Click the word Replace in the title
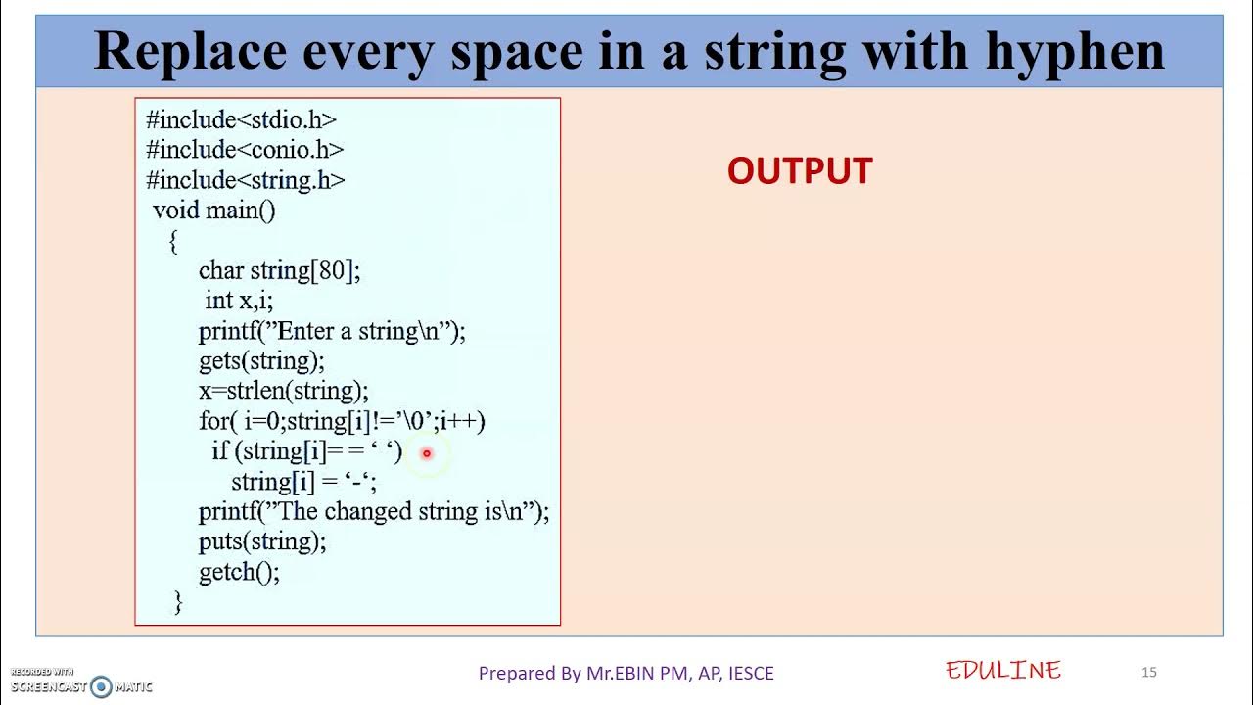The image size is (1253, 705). (x=190, y=53)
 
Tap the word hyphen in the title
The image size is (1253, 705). (x=1075, y=53)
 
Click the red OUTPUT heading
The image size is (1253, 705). (x=800, y=170)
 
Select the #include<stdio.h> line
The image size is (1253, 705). (x=241, y=120)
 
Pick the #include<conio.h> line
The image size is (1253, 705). (x=245, y=150)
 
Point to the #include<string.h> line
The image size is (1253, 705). (x=245, y=181)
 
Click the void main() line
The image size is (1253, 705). (x=214, y=211)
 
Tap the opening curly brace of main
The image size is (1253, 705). (x=173, y=242)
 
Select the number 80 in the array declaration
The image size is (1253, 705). (x=332, y=271)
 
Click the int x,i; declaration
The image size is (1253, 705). (x=239, y=301)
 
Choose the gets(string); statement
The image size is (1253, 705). (x=261, y=361)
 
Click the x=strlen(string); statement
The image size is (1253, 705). (x=284, y=391)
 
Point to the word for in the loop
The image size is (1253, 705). (x=213, y=421)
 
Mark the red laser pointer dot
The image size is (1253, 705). (x=427, y=453)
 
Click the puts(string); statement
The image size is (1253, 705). (x=262, y=541)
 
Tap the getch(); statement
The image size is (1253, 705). (x=239, y=572)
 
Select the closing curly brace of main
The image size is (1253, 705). (x=178, y=602)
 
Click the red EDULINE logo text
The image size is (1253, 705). (x=1003, y=671)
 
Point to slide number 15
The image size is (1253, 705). (x=1149, y=672)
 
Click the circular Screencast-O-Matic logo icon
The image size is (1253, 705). (x=101, y=686)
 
